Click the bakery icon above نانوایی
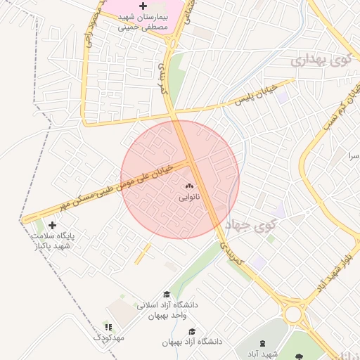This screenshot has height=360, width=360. pos(188,186)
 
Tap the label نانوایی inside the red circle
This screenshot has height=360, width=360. pos(188,198)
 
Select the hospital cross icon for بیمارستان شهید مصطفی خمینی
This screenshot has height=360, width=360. pos(143,6)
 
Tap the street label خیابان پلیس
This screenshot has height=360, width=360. pos(253,96)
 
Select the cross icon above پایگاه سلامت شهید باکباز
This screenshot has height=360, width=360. pos(52,225)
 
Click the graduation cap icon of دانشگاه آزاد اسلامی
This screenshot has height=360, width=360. pos(167,295)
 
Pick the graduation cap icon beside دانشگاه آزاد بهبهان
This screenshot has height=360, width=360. pos(192,331)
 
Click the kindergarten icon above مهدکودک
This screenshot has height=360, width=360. pos(108,327)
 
